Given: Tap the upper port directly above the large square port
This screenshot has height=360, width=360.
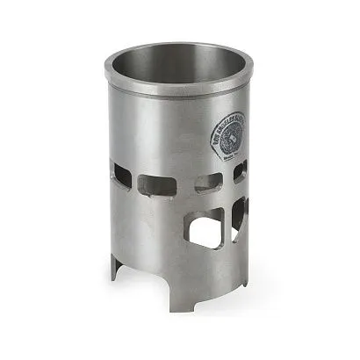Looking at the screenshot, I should click(x=207, y=184).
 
